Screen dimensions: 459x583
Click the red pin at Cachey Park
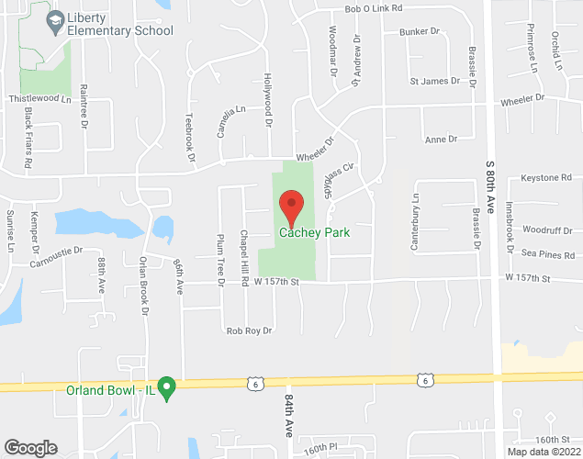291,207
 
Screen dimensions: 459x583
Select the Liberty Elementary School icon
55,20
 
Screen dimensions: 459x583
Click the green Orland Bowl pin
167,388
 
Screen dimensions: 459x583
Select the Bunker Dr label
420,32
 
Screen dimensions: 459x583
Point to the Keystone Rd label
545,177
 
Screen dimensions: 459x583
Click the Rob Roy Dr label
249,330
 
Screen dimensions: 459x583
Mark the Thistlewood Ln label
39,98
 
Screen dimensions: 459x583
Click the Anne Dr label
441,139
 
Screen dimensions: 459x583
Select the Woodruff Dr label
547,229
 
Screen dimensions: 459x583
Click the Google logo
29,447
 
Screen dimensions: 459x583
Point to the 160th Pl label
322,447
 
